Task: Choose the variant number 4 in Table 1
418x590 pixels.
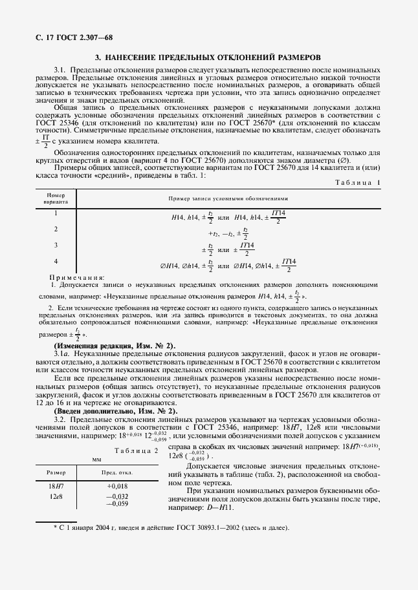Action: [56, 260]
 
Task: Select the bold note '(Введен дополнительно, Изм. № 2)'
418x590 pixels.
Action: [115, 411]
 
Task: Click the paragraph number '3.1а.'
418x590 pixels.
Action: [63, 354]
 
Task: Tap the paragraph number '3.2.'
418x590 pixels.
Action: [60, 419]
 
